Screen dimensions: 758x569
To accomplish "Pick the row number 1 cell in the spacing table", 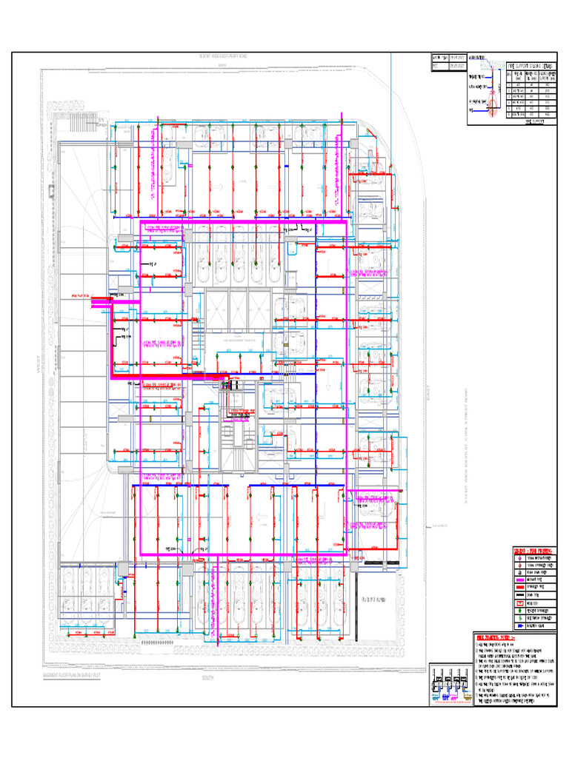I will tap(508, 84).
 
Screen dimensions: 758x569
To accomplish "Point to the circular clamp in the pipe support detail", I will tap(489, 100).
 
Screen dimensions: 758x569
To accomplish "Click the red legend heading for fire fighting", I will tap(533, 549).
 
